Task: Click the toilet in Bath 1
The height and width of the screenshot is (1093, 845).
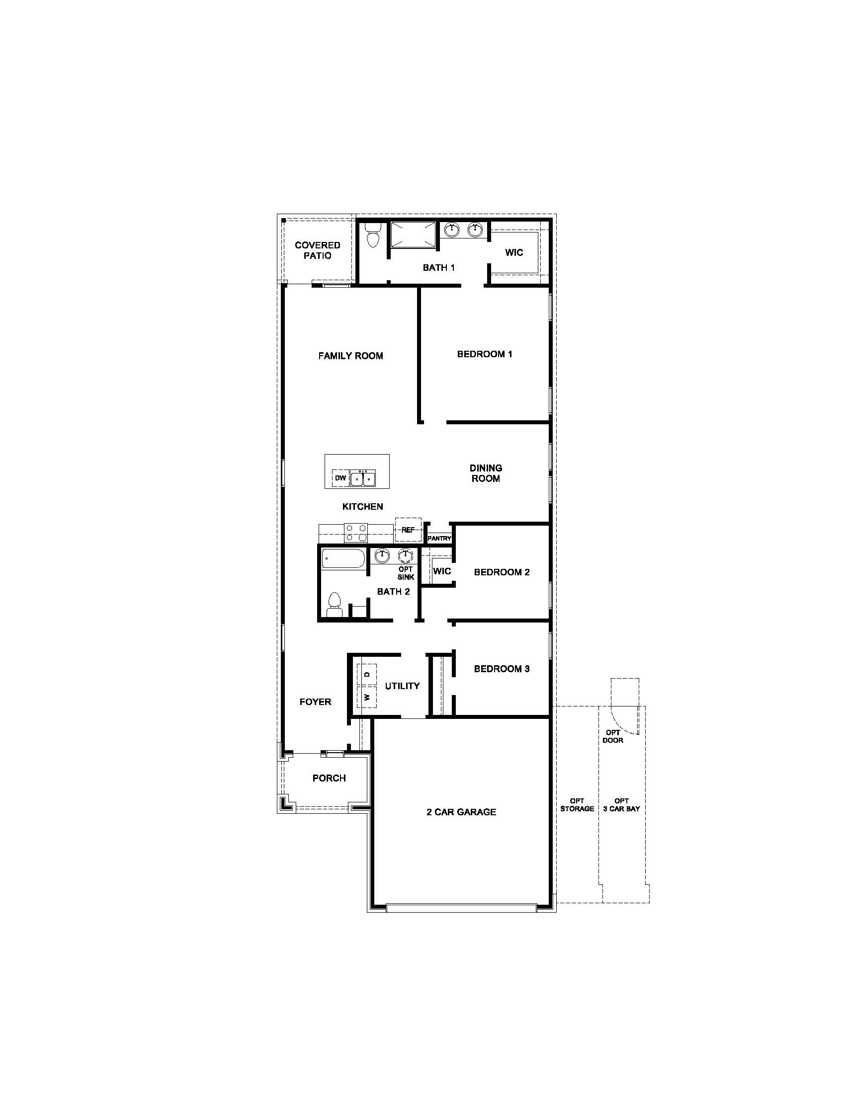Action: pos(373,236)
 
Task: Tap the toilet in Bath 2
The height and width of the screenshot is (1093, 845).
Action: pos(334,604)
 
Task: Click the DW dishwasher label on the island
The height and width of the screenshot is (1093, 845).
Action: pos(340,478)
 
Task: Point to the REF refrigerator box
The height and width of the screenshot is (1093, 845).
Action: pos(408,530)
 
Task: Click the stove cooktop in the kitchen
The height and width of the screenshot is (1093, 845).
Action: pos(355,533)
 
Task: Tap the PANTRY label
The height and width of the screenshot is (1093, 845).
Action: pos(439,539)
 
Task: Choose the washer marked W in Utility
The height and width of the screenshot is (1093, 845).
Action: pos(367,697)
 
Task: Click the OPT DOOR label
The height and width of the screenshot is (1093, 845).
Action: pos(613,736)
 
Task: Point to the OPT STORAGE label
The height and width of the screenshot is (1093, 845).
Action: pos(577,805)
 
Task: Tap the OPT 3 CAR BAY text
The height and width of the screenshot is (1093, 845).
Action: pos(621,805)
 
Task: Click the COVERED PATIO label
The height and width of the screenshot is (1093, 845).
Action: pos(318,250)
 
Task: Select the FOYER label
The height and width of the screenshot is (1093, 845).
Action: pos(315,702)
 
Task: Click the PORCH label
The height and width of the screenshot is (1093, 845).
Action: pos(329,778)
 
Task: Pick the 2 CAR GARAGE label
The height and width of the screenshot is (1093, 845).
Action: pos(461,812)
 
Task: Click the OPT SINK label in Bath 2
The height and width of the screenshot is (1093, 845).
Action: pos(406,573)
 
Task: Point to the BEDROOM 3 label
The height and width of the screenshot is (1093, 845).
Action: pos(502,669)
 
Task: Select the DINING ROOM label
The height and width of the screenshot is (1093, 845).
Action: pos(486,473)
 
